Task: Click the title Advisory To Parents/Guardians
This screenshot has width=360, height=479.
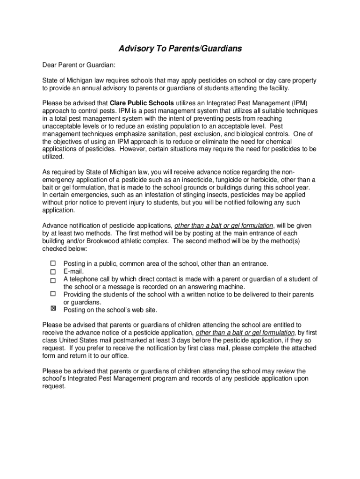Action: click(x=180, y=49)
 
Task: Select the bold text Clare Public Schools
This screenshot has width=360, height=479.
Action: click(x=142, y=103)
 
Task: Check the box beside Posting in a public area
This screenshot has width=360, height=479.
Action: click(x=53, y=263)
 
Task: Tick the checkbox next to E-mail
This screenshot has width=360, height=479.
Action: click(x=53, y=271)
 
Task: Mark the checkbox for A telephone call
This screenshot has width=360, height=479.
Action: click(x=53, y=279)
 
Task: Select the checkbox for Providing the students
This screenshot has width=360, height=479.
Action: click(x=53, y=294)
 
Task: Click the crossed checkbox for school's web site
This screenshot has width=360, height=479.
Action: click(x=53, y=309)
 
